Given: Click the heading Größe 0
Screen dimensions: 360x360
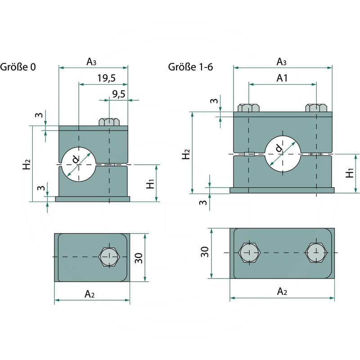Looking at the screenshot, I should (18, 67).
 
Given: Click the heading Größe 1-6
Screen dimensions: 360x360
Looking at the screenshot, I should (190, 67).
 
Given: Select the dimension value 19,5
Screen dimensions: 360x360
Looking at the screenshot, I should (106, 78).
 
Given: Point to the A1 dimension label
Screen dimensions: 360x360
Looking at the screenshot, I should (282, 78).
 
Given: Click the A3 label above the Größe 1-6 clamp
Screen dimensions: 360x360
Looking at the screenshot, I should (282, 61).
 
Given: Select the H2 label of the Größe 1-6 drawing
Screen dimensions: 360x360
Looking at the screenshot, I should (185, 153).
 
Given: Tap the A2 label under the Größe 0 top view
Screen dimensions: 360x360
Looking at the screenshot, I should (90, 294).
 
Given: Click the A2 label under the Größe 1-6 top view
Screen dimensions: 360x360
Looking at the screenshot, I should (282, 292).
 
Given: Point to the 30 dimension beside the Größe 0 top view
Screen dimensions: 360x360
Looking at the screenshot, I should (139, 258).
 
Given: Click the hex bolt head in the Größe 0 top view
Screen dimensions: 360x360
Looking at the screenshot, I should (108, 257).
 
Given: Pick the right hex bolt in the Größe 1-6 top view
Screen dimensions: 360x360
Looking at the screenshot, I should (316, 253).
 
